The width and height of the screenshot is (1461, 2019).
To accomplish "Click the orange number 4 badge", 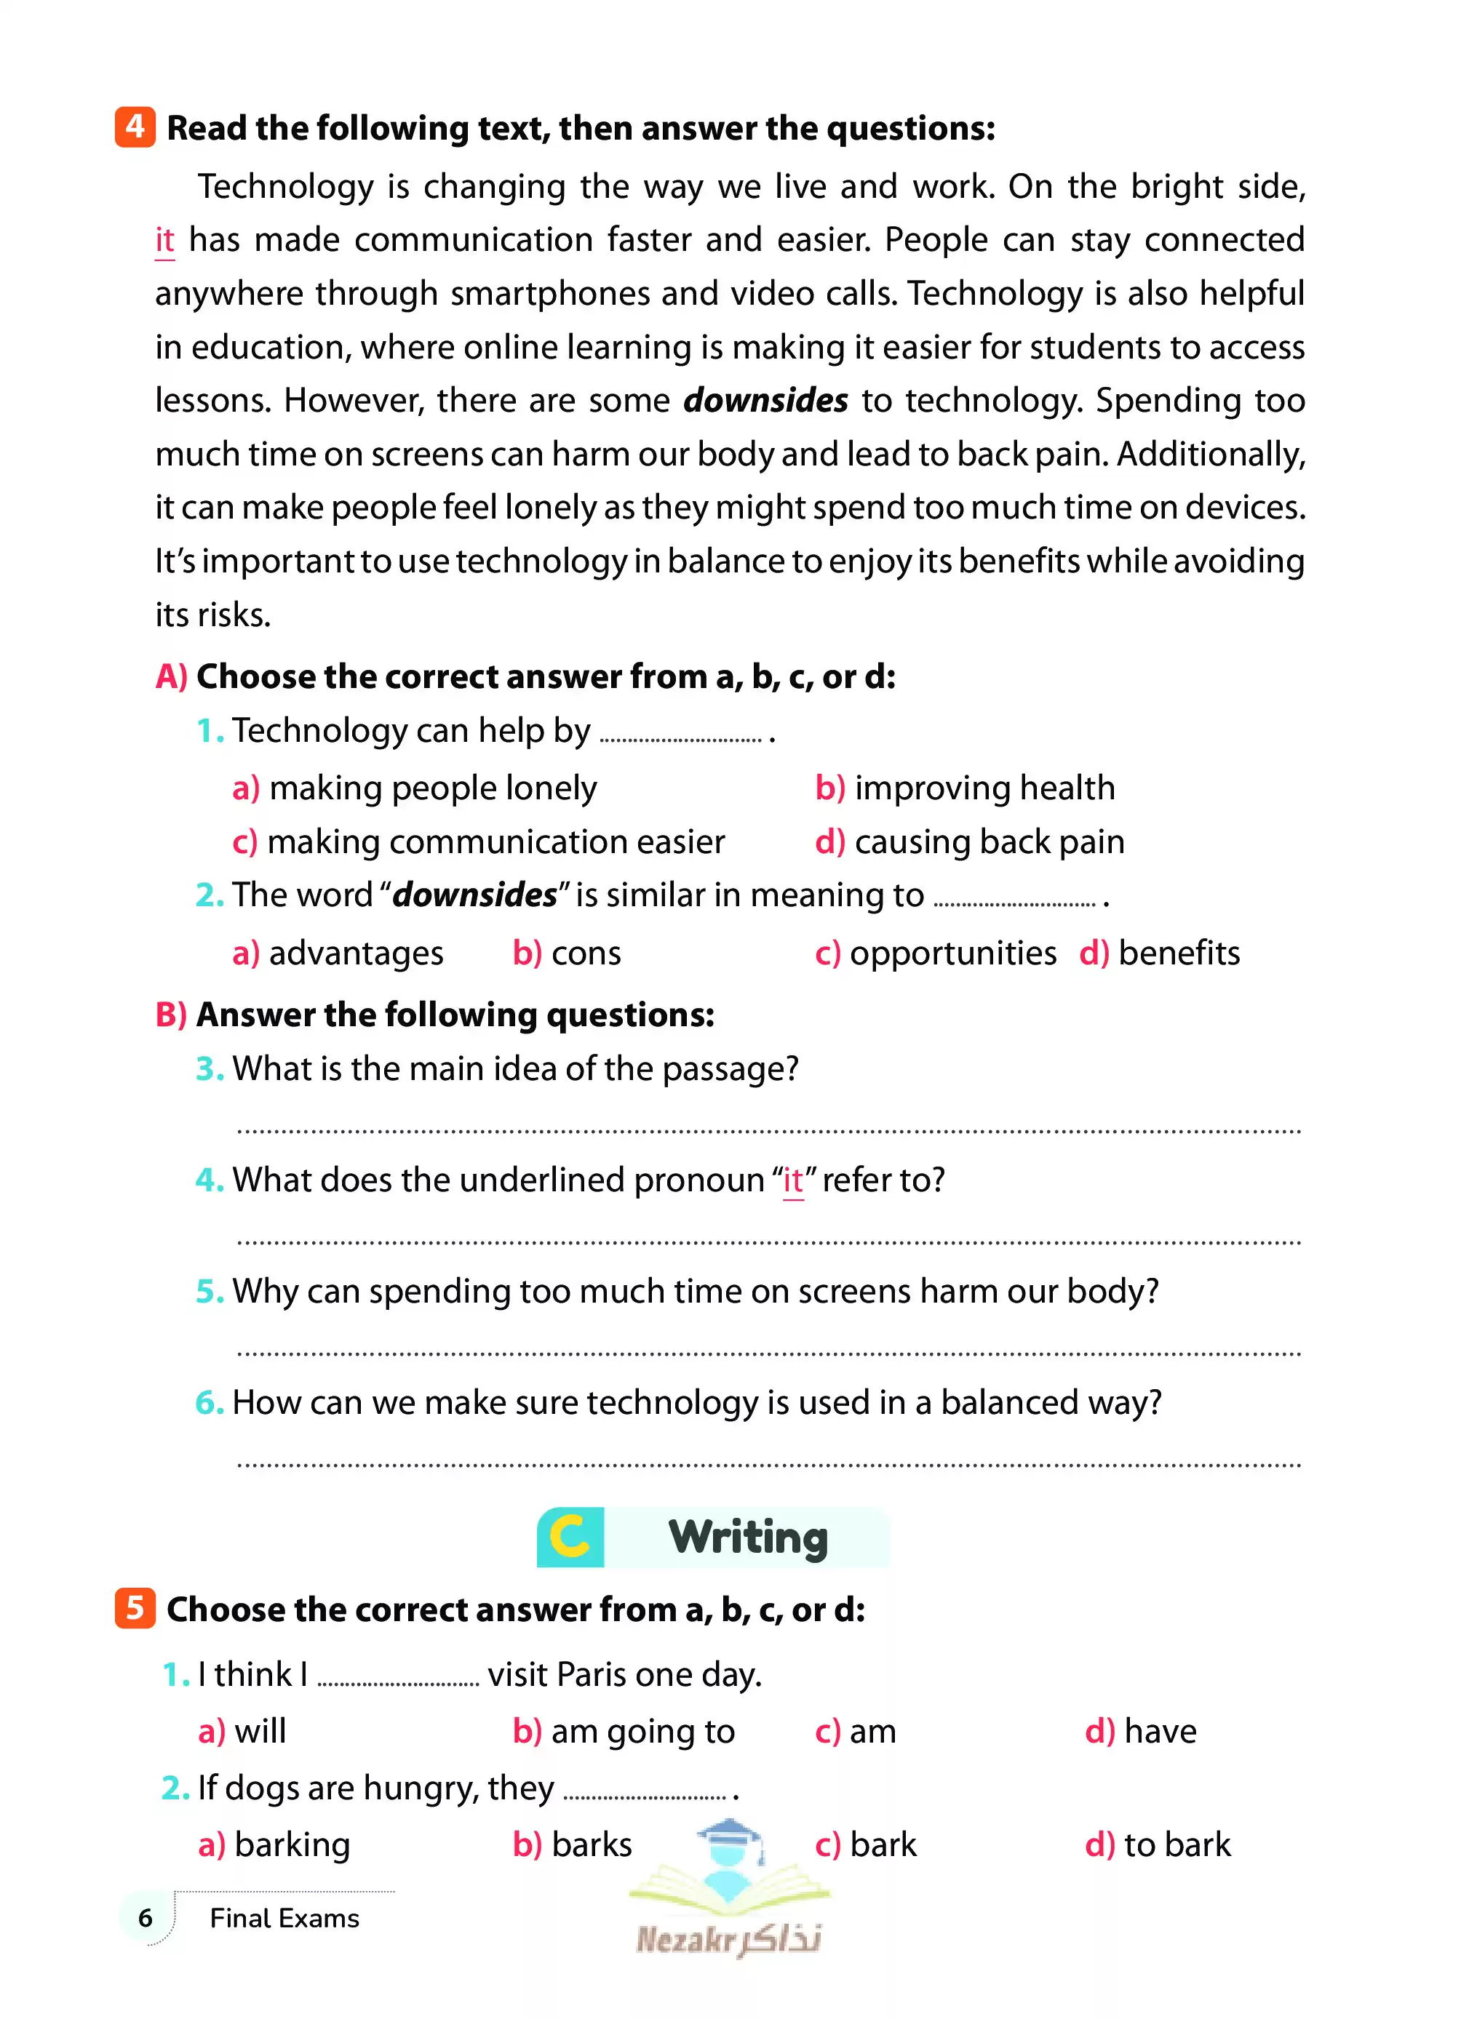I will (x=135, y=127).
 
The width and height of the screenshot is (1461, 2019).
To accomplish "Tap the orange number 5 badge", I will (x=135, y=1608).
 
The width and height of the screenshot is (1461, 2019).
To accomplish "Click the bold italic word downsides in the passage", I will (x=765, y=401).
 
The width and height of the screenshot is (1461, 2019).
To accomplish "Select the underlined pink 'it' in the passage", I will (x=164, y=240).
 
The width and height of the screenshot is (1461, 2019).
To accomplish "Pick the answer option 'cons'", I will (x=585, y=953).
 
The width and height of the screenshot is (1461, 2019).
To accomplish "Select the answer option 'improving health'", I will (x=984, y=788).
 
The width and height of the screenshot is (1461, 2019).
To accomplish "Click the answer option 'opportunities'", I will (x=952, y=953).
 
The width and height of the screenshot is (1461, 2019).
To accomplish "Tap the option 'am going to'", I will (x=642, y=1732).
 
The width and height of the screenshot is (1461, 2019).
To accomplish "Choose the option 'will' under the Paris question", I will (x=259, y=1732).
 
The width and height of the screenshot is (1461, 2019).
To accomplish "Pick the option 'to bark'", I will (x=1176, y=1844).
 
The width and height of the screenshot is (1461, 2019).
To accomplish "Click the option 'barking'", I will (x=291, y=1844).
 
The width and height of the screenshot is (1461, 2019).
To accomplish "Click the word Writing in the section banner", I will (x=748, y=1538).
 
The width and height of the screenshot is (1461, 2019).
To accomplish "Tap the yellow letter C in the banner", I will (x=570, y=1538).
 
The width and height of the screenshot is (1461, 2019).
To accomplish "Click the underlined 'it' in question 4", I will (x=792, y=1180).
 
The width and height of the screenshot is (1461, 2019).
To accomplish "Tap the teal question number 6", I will (x=208, y=1403).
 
